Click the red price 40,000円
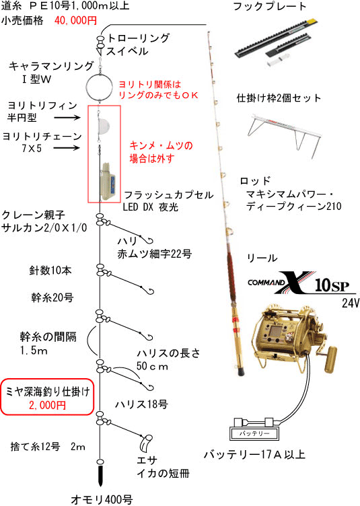pos(76,21)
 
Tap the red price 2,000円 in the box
pos(47,405)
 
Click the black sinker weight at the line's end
pos(100,475)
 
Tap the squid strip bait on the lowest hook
pos(145,443)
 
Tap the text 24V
pos(351,303)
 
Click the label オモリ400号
pos(102,499)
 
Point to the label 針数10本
pos(50,270)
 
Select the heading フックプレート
pos(269,7)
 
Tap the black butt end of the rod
pos(242,371)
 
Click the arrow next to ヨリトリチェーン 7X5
pos(66,148)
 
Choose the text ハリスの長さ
pos(168,353)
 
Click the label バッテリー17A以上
pos(254,454)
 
